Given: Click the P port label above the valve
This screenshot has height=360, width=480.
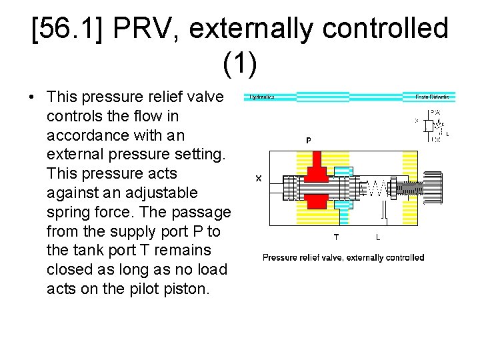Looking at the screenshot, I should [x=309, y=141].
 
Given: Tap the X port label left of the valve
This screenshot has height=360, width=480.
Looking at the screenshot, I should [x=258, y=178].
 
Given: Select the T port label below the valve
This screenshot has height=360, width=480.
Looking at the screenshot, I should [x=336, y=237].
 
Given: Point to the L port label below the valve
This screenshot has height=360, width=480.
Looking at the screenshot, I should [x=378, y=237].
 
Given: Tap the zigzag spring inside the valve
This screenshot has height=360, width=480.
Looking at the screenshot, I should [x=375, y=189].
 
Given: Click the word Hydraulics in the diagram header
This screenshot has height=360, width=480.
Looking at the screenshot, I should [x=262, y=97].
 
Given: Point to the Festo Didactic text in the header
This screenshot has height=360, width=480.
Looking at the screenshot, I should [x=431, y=97].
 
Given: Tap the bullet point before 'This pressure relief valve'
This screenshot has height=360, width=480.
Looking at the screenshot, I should [x=32, y=97].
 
